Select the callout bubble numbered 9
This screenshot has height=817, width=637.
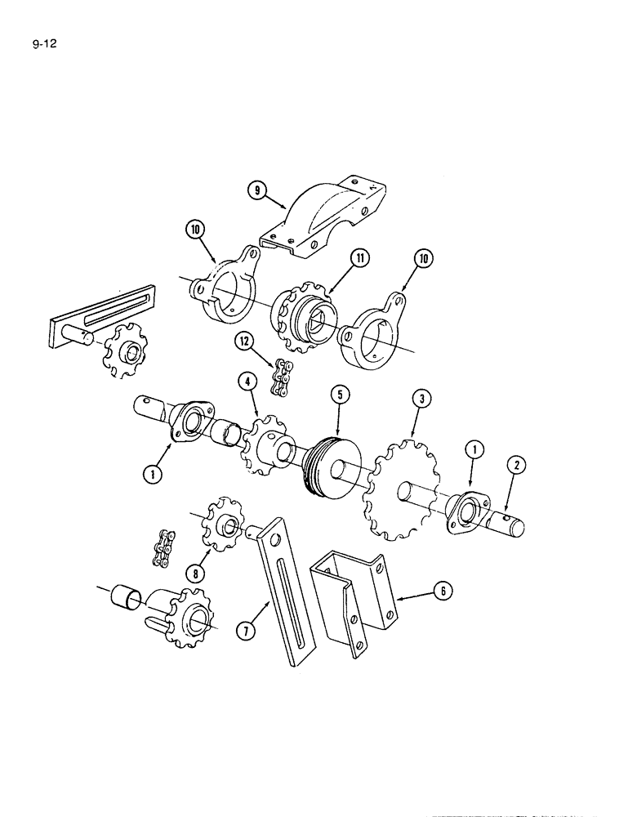pyautogui.click(x=257, y=191)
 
